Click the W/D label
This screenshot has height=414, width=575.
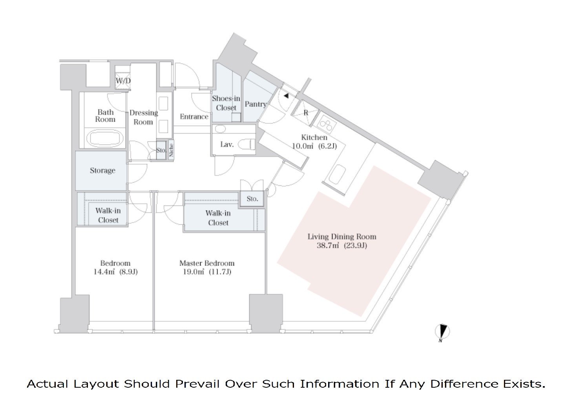pyautogui.click(x=123, y=81)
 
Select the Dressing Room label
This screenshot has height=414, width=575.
pyautogui.click(x=143, y=117)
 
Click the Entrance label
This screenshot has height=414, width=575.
pyautogui.click(x=194, y=117)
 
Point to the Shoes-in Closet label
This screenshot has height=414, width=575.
pyautogui.click(x=226, y=103)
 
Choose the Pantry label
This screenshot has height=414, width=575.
pyautogui.click(x=256, y=104)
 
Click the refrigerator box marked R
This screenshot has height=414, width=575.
pyautogui.click(x=306, y=112)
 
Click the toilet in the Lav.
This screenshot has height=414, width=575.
pyautogui.click(x=247, y=145)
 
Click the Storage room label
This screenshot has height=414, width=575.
pyautogui.click(x=102, y=170)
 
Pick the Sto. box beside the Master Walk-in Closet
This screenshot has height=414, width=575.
pyautogui.click(x=252, y=199)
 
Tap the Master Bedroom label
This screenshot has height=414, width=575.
pyautogui.click(x=207, y=263)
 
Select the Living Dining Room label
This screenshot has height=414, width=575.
pyautogui.click(x=341, y=236)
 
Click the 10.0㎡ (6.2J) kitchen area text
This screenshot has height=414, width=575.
pyautogui.click(x=314, y=146)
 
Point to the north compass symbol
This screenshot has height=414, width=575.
pyautogui.click(x=442, y=332)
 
